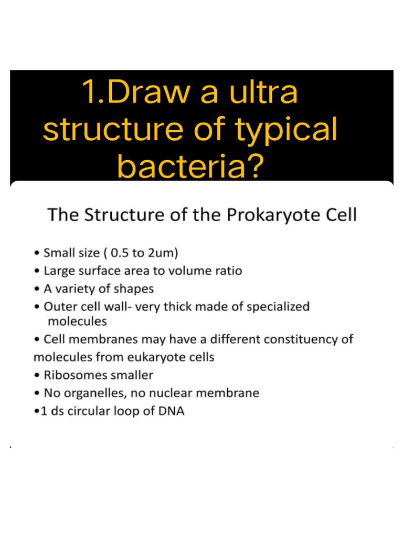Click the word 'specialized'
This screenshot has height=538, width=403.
click(x=278, y=307)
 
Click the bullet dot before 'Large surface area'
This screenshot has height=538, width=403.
click(x=36, y=272)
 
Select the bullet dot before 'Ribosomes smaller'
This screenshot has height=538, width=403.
click(x=36, y=376)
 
